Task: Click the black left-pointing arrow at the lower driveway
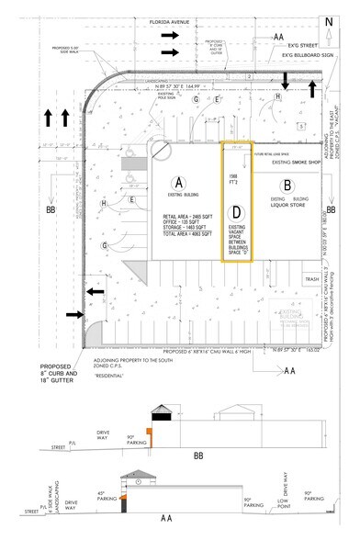(x=94, y=291)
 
